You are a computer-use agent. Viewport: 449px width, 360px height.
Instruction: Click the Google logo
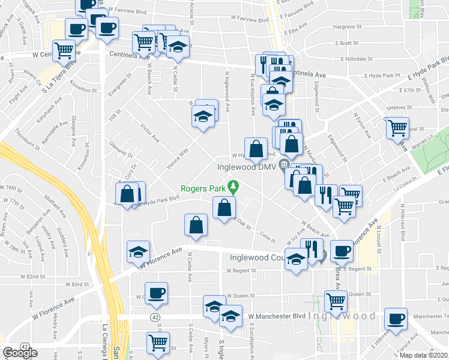coord(20,353)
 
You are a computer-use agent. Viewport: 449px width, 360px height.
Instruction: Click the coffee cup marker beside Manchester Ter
coord(396,318)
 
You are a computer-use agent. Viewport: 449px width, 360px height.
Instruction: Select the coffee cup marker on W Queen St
coord(157,292)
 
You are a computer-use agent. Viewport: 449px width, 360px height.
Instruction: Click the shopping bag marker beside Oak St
coord(224,208)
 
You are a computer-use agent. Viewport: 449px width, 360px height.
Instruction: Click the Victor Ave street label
coord(149,133)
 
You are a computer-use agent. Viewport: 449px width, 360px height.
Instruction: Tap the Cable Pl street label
coord(267,233)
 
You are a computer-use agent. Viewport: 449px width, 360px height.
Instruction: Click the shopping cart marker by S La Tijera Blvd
coord(63,50)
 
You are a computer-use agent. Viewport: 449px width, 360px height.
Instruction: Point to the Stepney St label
coord(396,107)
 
